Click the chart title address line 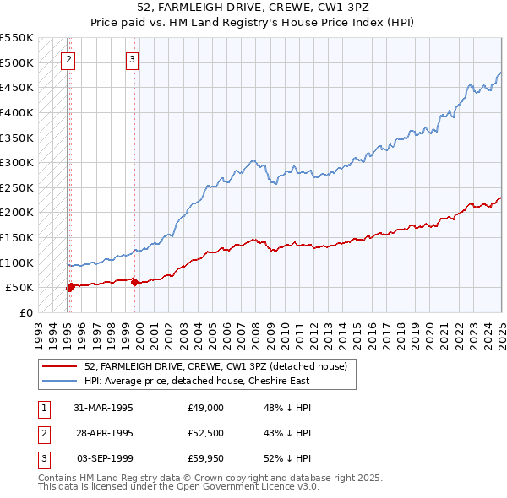253,8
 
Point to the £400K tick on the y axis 16,112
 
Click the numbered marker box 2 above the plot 68,59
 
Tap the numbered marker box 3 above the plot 133,59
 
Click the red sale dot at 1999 135,283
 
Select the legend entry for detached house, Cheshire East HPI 204,382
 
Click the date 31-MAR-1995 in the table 104,408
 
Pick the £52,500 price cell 205,433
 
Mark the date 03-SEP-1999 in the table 105,458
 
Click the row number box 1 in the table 42,408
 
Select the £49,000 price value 205,408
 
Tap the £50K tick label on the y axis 19,288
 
